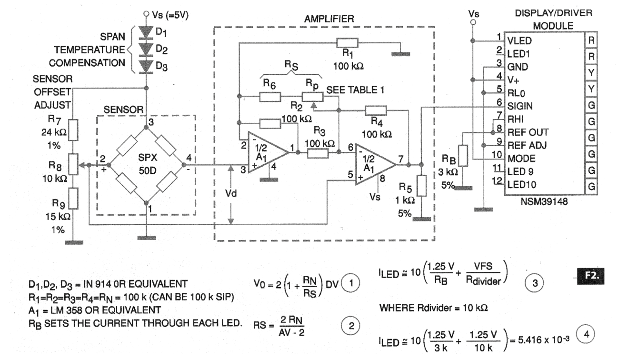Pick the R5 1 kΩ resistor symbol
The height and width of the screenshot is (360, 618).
click(x=421, y=185)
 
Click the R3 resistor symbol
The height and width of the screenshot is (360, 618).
click(x=318, y=153)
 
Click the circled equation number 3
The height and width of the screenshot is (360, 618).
click(x=534, y=282)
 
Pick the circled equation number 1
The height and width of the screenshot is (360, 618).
click(x=351, y=282)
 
